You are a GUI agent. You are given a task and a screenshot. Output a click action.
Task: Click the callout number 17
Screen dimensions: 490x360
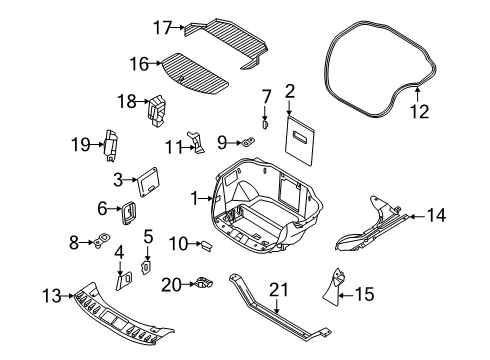(x=162, y=27)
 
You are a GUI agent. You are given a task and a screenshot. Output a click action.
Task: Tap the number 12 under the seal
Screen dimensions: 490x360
(x=420, y=111)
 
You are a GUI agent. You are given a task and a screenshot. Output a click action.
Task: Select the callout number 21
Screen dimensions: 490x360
(x=279, y=290)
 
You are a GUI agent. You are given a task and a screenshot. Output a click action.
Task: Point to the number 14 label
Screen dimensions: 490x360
(x=436, y=215)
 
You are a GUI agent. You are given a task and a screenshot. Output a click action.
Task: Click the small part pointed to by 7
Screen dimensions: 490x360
(x=265, y=125)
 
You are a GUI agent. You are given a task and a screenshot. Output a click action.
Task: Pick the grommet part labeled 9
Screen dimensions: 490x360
(x=247, y=142)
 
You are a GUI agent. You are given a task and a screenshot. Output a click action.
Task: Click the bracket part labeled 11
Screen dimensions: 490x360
(x=197, y=142)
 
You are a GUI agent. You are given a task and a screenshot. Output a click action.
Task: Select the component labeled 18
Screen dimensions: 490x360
(x=157, y=111)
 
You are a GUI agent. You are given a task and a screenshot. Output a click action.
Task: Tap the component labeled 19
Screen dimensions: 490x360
(x=111, y=145)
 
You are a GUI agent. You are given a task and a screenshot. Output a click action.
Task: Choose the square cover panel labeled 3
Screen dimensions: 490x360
(x=148, y=182)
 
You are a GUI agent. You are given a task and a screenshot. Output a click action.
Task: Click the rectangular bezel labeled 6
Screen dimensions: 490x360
(x=128, y=213)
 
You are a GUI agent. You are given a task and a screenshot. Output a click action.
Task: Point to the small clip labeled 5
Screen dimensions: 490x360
(x=146, y=268)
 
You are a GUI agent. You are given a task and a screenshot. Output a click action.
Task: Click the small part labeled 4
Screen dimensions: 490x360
(x=124, y=281)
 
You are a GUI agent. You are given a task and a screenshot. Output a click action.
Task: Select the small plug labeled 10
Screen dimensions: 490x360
(x=207, y=246)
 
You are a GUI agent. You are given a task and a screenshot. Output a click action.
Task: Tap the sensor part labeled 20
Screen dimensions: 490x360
(x=204, y=283)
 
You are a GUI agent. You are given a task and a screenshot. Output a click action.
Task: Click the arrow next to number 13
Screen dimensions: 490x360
(x=68, y=296)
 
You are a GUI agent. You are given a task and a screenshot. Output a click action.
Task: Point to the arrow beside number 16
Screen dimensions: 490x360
(x=155, y=63)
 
